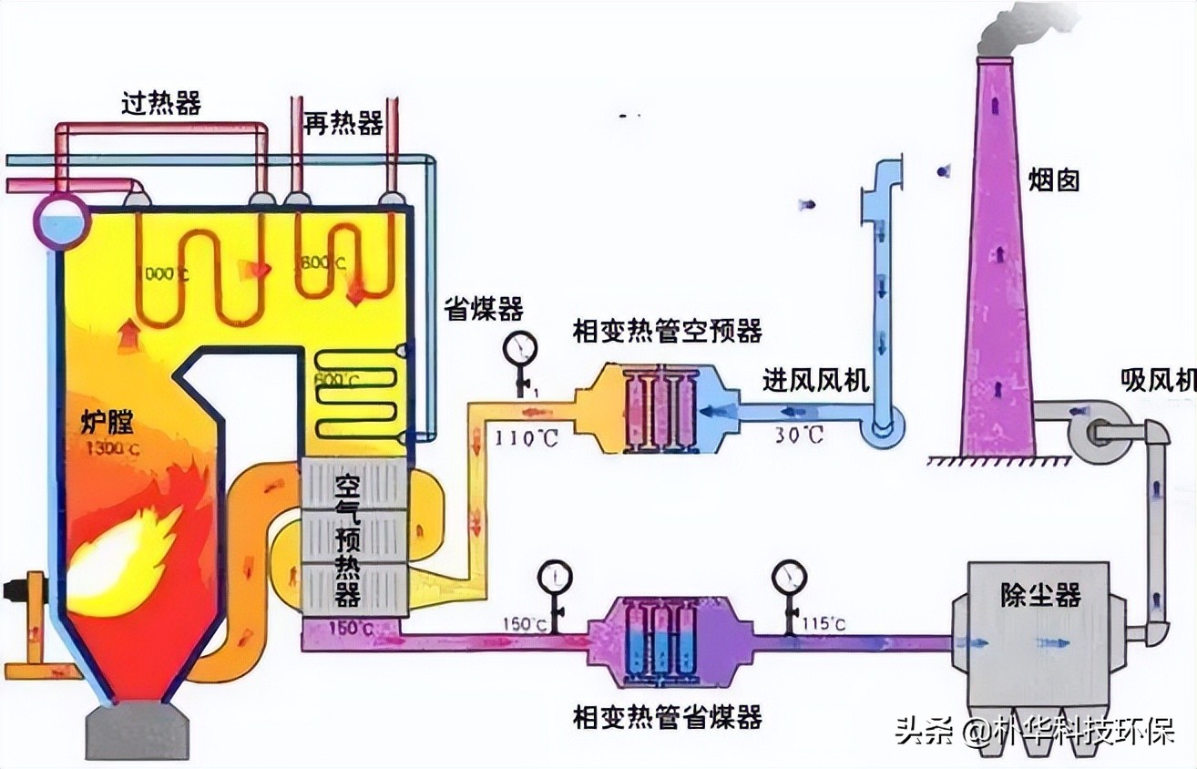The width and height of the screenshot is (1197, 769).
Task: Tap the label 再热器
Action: (343, 123)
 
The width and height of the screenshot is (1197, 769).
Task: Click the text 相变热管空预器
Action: (667, 331)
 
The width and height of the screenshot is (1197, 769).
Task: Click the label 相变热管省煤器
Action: (667, 717)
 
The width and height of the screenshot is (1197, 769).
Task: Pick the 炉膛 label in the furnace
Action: (107, 422)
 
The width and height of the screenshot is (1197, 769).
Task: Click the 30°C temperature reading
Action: (798, 436)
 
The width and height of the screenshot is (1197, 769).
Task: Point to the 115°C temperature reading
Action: (824, 624)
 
